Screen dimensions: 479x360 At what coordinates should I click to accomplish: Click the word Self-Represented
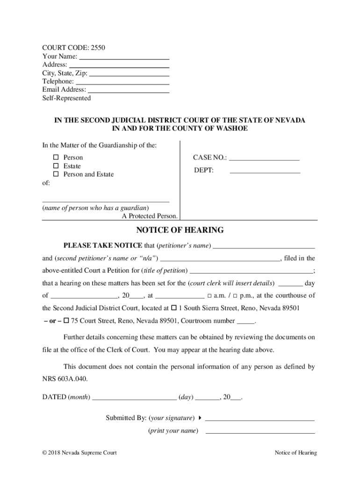(x=66, y=98)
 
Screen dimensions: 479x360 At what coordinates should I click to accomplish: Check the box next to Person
(x=55, y=158)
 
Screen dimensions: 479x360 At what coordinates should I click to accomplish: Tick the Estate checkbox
(x=55, y=166)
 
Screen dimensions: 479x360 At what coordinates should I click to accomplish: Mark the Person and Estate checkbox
(x=55, y=174)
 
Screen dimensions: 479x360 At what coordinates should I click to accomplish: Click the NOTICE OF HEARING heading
(x=180, y=230)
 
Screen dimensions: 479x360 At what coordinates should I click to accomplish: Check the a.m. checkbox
(x=209, y=296)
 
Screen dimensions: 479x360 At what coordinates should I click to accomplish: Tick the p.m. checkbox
(x=235, y=296)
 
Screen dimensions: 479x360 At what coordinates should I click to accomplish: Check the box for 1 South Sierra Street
(x=174, y=308)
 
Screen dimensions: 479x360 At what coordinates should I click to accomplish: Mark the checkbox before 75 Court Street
(x=66, y=321)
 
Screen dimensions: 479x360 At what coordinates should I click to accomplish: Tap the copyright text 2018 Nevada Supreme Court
(x=79, y=453)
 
